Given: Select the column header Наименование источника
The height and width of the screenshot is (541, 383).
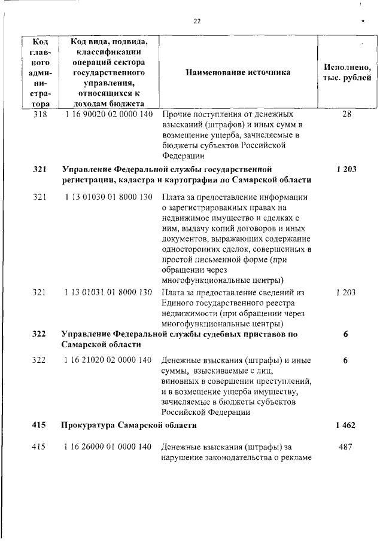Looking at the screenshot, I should [x=238, y=72].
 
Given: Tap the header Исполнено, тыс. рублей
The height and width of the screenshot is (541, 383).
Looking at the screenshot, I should [x=347, y=72].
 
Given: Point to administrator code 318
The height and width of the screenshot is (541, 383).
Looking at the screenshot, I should [x=39, y=113].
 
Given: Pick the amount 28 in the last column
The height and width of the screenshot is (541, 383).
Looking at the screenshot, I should [x=346, y=113].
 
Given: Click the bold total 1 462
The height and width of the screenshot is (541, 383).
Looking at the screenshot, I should [x=346, y=425].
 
